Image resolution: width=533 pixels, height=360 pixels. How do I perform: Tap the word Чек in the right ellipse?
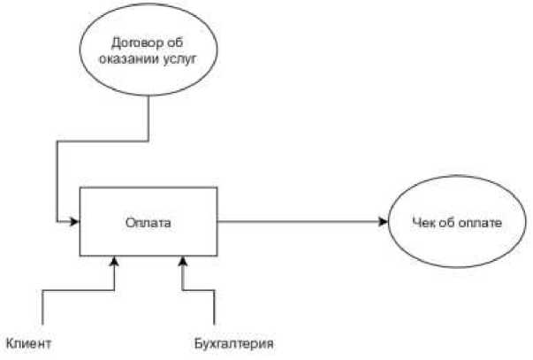tap(425, 221)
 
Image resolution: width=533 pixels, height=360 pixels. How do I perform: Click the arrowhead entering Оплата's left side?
tap(76, 221)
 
